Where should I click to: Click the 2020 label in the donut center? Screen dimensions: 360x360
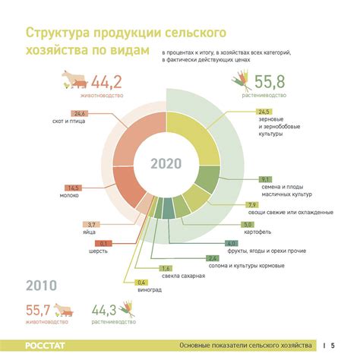[165, 164]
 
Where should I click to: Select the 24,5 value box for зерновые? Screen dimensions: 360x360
[264, 112]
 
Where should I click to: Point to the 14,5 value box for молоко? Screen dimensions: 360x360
[74, 188]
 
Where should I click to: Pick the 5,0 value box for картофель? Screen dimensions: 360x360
[248, 225]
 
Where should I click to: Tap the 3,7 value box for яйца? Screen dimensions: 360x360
[91, 225]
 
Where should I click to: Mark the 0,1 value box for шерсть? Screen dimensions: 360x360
[106, 243]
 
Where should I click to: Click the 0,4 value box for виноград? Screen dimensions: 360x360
[142, 283]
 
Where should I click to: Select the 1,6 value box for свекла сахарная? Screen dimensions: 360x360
[166, 268]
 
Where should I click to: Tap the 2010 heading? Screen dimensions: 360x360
[43, 286]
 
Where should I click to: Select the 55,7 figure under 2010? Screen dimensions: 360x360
[37, 310]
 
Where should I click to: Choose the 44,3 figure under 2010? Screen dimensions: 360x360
[106, 310]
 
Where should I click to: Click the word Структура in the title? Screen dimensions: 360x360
[58, 34]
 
